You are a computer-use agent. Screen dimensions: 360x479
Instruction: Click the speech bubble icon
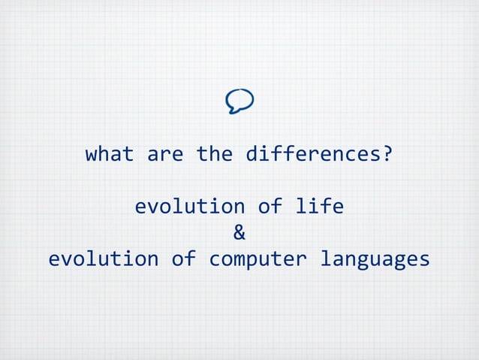[x=239, y=101]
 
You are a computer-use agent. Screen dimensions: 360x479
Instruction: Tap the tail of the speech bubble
[x=233, y=110]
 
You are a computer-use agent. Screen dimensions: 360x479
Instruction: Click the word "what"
[x=110, y=155]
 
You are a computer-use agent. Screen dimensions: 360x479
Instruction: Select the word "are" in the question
[x=165, y=155]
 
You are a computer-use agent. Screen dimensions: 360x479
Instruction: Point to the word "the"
[x=214, y=155]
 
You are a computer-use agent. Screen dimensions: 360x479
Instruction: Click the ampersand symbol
[x=239, y=232]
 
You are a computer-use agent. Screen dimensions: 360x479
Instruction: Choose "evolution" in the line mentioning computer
[x=104, y=259]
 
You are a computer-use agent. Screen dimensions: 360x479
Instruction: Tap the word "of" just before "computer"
[x=183, y=259]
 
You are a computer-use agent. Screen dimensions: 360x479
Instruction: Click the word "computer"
[x=258, y=259]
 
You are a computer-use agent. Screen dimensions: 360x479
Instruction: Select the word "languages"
[x=375, y=259]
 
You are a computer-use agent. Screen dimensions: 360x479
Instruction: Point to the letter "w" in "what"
[x=92, y=156]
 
